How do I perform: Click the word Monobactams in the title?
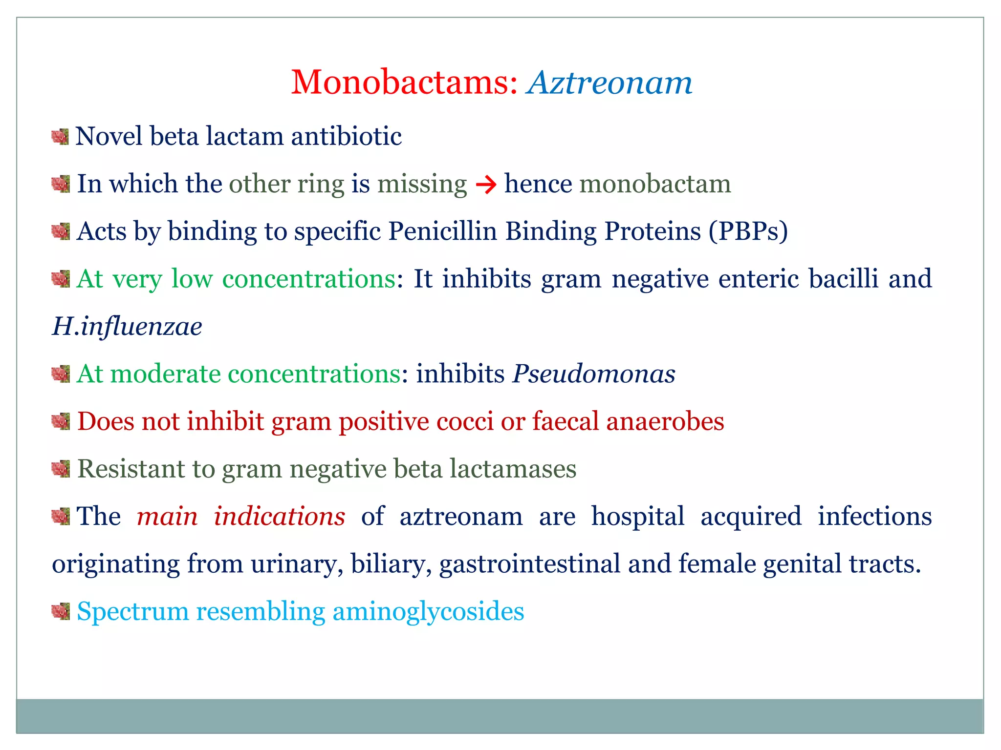click(404, 82)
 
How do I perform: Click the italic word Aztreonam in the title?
click(610, 82)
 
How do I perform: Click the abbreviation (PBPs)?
click(748, 231)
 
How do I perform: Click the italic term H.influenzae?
click(127, 326)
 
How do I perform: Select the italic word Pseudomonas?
click(593, 374)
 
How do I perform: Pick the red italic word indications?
click(280, 517)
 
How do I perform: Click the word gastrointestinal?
click(530, 564)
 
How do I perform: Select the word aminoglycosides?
click(428, 611)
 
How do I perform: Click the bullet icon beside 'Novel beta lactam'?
click(60, 137)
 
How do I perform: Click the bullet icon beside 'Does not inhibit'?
click(61, 421)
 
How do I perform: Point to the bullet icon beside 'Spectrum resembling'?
click(61, 611)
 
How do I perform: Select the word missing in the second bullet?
click(422, 185)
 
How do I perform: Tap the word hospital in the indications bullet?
click(637, 517)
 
